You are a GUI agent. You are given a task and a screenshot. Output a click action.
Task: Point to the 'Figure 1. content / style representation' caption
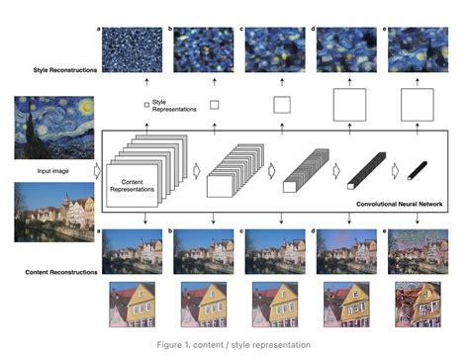[x=234, y=344]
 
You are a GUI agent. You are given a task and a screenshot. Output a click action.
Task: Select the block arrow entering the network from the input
[x=96, y=170]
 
